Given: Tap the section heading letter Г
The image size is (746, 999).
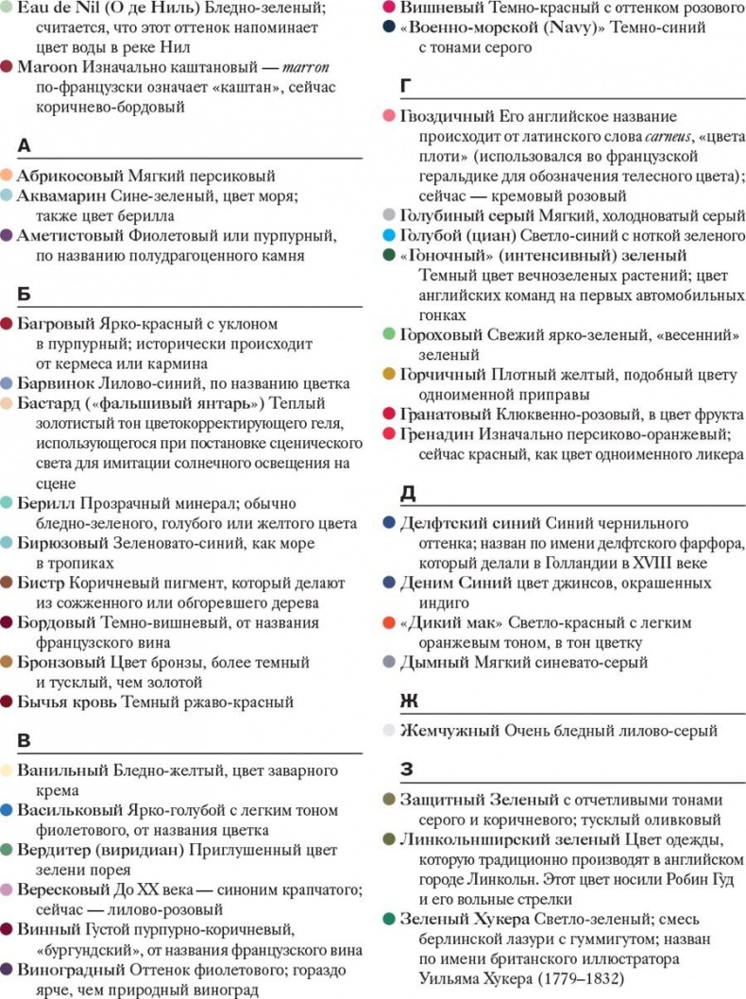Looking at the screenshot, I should coord(406,87).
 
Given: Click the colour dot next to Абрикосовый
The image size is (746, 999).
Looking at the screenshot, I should coord(8,176).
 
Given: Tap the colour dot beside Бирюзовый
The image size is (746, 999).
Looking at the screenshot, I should coord(8,542).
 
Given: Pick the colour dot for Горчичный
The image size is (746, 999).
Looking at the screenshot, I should coord(389,375).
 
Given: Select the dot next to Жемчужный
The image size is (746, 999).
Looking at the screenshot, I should coord(389,730).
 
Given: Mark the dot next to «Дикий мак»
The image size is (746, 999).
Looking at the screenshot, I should coord(389,623).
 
